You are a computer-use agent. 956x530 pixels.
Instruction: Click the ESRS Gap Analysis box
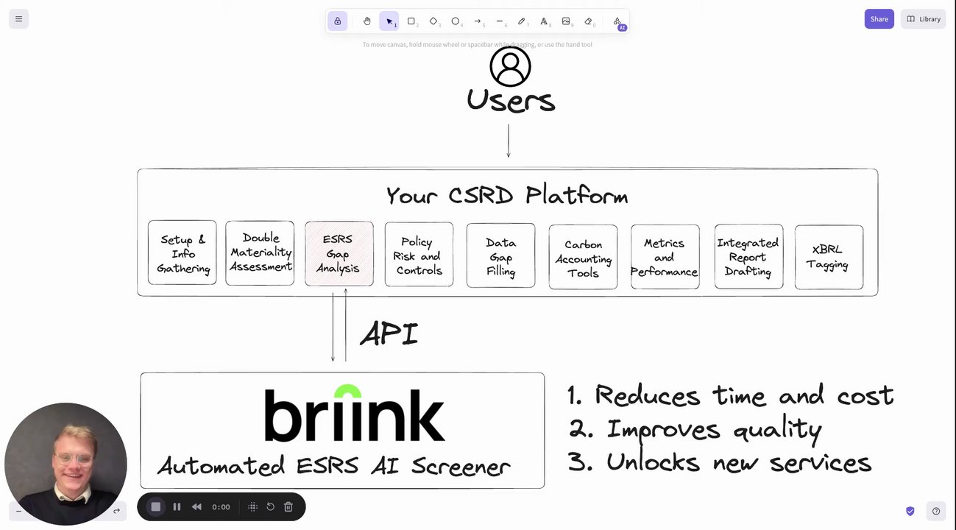[x=339, y=253]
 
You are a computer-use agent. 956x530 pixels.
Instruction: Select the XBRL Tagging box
[x=829, y=257]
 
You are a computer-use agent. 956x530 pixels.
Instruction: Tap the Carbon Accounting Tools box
[x=583, y=258]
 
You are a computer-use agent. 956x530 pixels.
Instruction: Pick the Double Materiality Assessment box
[x=260, y=252]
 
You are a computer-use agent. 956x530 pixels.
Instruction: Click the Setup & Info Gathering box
[x=183, y=253]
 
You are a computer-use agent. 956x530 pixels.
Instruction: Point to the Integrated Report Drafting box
[x=748, y=256]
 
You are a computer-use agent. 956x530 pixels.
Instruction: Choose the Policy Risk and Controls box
[x=419, y=255]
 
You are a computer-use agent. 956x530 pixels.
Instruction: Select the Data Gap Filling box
[x=500, y=255]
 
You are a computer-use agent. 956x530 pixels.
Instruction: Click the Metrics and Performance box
[x=665, y=256]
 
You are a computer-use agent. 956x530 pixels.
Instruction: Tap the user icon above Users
[x=510, y=66]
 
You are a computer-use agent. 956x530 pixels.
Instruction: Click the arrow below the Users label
[x=508, y=141]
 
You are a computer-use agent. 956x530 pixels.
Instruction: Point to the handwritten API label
[x=389, y=333]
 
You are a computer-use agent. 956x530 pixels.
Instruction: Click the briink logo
[x=354, y=414]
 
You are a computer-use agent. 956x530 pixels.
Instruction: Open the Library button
[x=923, y=19]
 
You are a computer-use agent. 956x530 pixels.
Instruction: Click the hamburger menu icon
[x=18, y=19]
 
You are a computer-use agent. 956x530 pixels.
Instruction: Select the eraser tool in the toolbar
[x=588, y=21]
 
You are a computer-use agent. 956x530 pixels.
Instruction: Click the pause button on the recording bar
[x=177, y=506]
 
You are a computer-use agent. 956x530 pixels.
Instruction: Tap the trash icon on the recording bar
[x=288, y=506]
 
